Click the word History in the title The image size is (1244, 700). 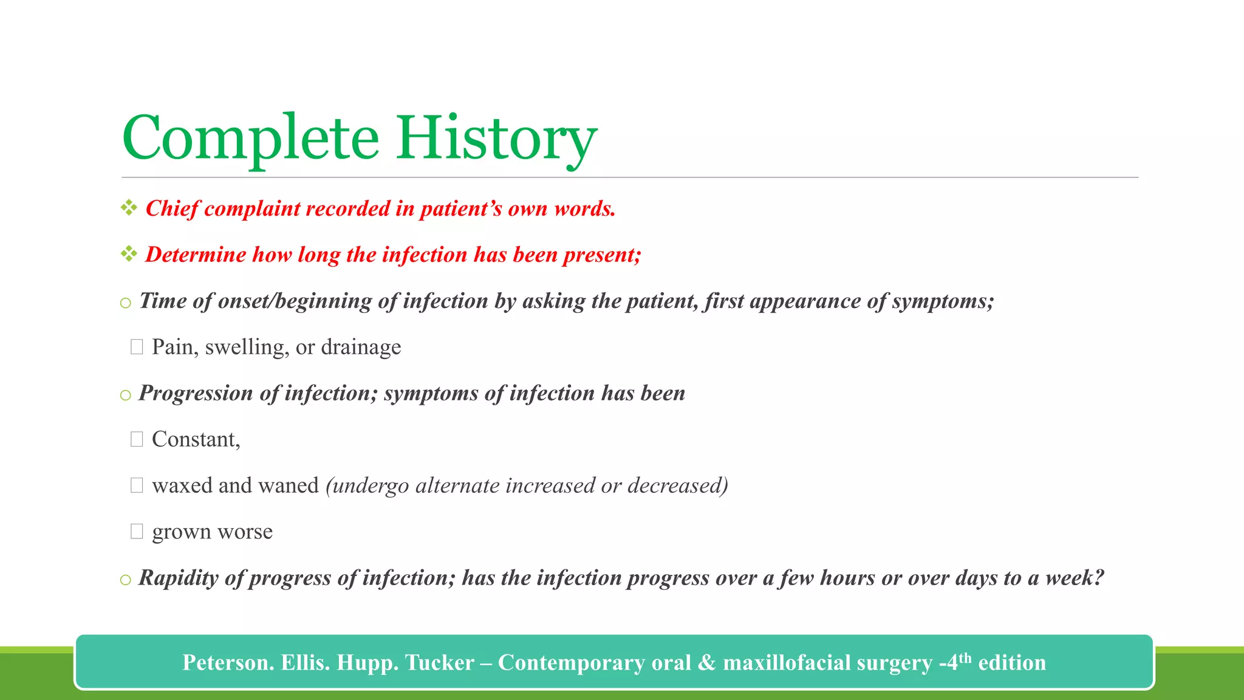[x=496, y=138]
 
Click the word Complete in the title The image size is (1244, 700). [x=250, y=138]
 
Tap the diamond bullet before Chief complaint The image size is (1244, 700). [x=129, y=208]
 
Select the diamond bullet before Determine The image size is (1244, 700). [x=129, y=254]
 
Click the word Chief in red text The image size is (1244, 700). [x=173, y=208]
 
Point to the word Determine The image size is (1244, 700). [x=195, y=254]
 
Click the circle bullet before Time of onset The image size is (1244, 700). [x=126, y=303]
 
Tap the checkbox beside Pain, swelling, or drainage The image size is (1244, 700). [x=137, y=347]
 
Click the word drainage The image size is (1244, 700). [x=361, y=347]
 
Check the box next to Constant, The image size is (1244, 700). [x=137, y=439]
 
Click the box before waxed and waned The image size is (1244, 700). [x=137, y=486]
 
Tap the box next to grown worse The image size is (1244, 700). [x=137, y=532]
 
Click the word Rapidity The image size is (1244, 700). [x=179, y=578]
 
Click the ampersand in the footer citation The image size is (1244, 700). [x=706, y=662]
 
